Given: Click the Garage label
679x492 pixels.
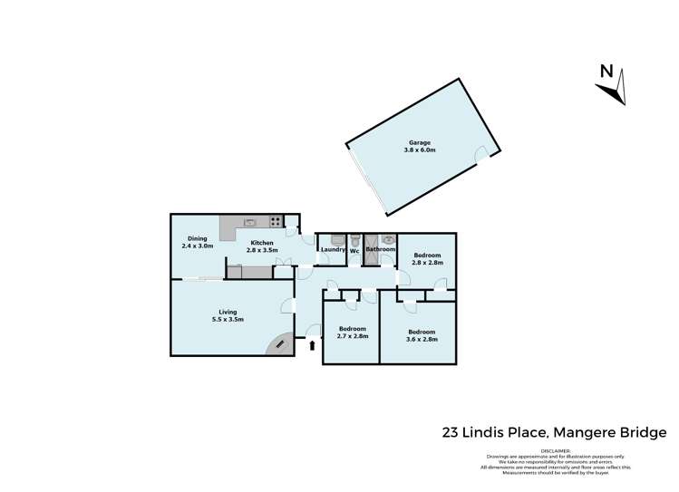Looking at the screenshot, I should click(x=419, y=142).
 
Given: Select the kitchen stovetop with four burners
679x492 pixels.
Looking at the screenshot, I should click(x=274, y=221).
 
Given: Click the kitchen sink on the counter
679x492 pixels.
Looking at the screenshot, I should click(x=249, y=221).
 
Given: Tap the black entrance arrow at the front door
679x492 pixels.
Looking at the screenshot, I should click(x=314, y=344).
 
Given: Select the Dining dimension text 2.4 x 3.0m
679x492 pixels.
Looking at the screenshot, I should click(x=197, y=246).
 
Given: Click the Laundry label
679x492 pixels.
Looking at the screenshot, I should click(x=333, y=249).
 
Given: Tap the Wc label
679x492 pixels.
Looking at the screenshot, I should click(x=355, y=249).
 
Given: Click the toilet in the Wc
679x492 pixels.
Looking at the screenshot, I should click(x=355, y=239).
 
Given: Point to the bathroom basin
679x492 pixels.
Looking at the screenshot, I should click(x=387, y=240).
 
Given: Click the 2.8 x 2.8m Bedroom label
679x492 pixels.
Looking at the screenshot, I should click(x=427, y=256).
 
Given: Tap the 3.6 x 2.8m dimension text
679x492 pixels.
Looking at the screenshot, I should click(x=422, y=339).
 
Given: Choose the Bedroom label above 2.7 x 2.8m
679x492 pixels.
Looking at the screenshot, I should click(x=353, y=328).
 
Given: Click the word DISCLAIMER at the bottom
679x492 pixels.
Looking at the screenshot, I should click(x=556, y=450).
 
